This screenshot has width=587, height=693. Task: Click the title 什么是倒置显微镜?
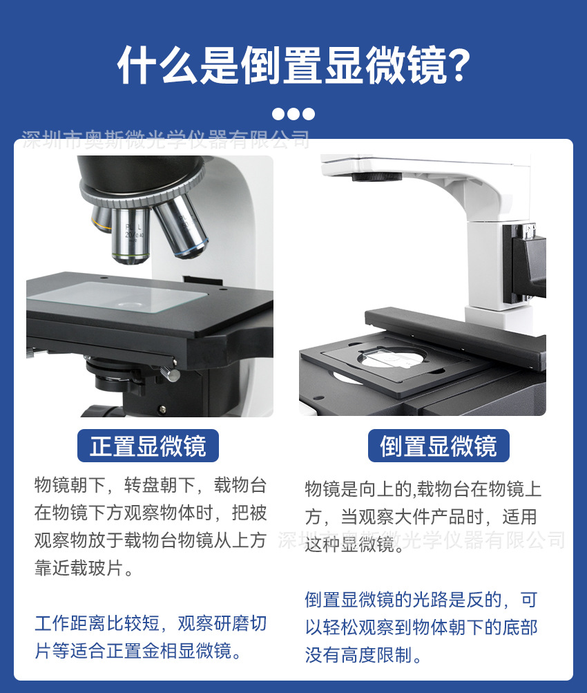[293, 66]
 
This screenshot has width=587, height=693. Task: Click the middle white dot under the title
[293, 114]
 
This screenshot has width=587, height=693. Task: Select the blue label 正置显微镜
[148, 446]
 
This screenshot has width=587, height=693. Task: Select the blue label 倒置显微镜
[439, 446]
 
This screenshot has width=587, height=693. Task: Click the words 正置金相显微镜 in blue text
[183, 650]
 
